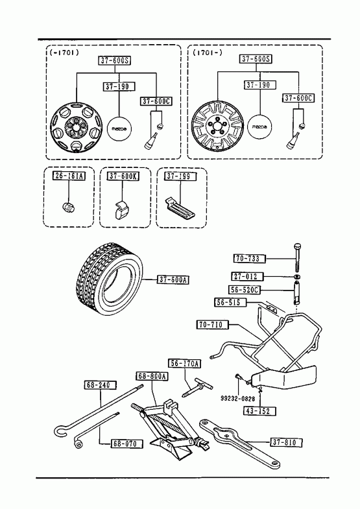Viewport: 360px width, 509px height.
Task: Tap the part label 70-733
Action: [249, 259]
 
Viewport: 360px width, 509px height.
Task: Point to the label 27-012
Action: [247, 277]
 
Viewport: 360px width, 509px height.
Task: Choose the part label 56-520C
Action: [245, 290]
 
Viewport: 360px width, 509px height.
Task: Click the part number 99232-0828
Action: [238, 399]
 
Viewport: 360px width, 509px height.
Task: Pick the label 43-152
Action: [259, 411]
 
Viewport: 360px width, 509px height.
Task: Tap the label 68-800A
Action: [152, 376]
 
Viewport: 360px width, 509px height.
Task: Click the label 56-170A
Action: [184, 364]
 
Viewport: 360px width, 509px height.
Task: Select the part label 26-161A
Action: [69, 176]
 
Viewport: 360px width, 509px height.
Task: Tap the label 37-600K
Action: [123, 176]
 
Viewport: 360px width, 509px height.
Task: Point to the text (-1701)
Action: [64, 53]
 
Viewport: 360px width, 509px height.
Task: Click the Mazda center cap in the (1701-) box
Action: [259, 126]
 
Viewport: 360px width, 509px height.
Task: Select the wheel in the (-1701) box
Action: [77, 127]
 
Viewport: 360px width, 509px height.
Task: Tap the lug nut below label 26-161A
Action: [68, 207]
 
